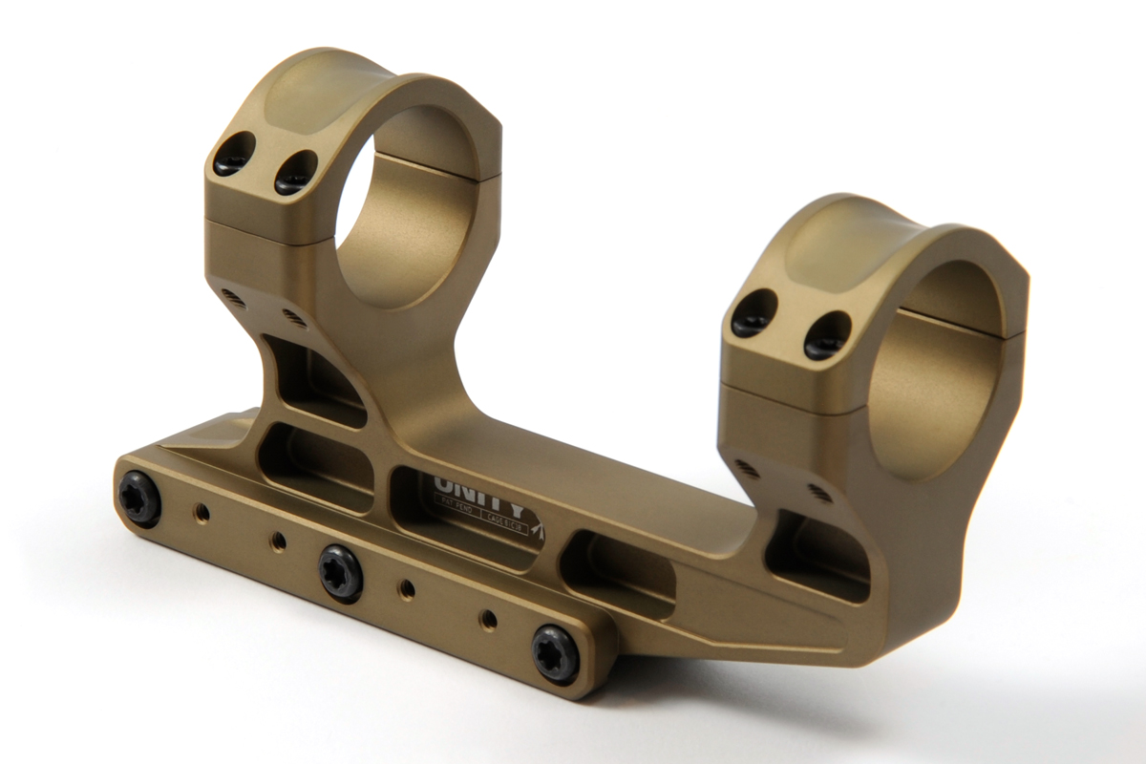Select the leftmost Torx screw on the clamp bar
pos(139,499)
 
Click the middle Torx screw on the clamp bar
pos(341,572)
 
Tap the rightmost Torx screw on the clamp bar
pos(556,653)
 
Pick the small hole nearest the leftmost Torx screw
pos(202,514)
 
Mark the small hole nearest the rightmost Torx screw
pos(489,619)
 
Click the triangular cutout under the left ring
pos(310,377)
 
